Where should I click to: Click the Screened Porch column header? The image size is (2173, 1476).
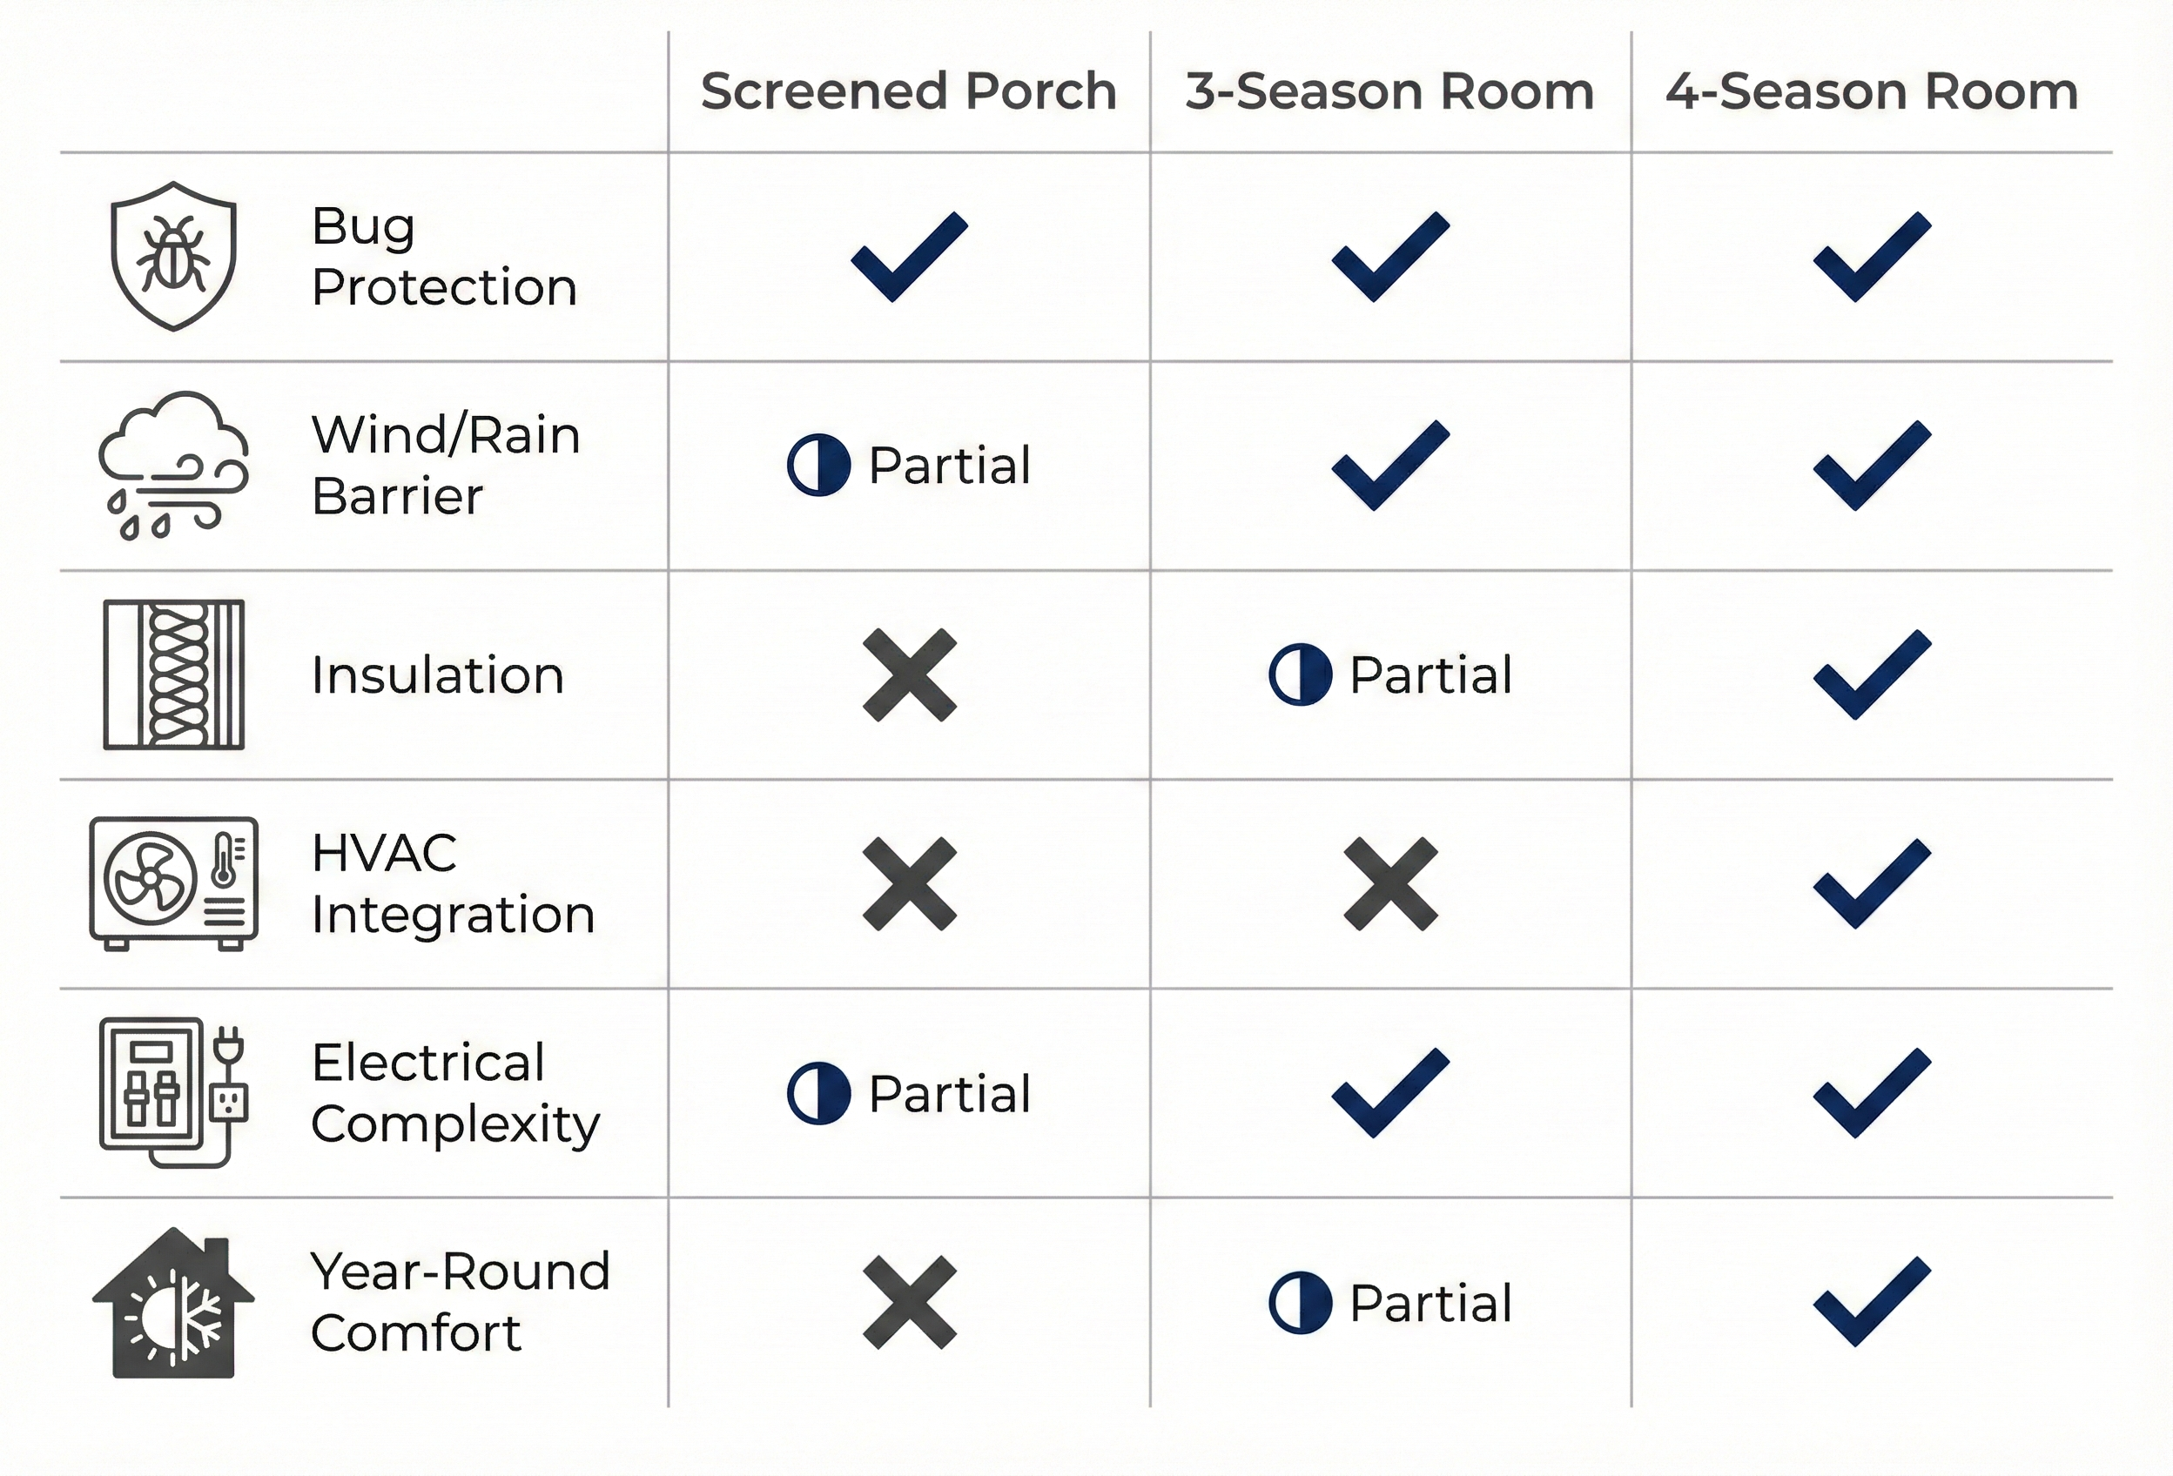(908, 91)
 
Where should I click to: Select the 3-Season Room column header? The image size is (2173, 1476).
(1389, 91)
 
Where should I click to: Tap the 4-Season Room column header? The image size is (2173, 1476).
(1872, 91)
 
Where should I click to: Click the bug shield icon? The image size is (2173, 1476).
(174, 256)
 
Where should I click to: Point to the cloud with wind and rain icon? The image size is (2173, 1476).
(174, 465)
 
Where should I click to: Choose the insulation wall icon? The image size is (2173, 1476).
(174, 674)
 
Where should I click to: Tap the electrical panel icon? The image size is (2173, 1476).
(174, 1092)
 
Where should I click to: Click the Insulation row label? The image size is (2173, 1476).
(438, 674)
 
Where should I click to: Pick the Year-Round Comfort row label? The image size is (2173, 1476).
(460, 1301)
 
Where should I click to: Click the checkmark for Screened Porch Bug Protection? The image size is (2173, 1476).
(909, 256)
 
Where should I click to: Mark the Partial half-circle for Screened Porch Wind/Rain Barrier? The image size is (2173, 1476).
(818, 465)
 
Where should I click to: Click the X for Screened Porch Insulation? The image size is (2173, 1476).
(909, 674)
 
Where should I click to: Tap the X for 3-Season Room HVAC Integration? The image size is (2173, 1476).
(1390, 883)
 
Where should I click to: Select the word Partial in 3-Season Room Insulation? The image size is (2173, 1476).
(1430, 674)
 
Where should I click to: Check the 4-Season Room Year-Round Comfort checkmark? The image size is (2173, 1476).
(1872, 1301)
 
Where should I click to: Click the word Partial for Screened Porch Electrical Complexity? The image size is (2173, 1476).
(949, 1093)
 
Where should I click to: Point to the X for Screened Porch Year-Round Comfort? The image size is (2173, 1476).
(909, 1301)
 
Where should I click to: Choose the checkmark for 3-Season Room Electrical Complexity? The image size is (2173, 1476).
(1390, 1092)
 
